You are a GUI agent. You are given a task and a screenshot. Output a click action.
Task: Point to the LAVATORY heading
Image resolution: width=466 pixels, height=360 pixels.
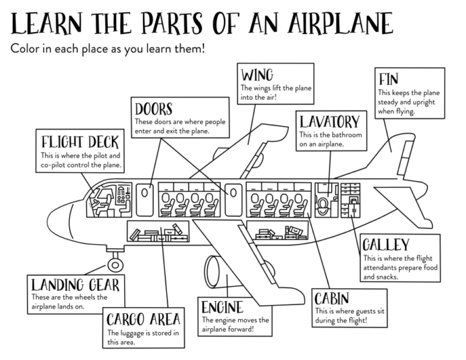(x=329, y=123)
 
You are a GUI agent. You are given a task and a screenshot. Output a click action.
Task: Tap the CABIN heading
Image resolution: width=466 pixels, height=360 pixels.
(x=331, y=297)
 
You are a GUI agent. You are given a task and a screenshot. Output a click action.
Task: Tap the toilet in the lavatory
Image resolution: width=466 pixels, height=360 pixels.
(x=324, y=202)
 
